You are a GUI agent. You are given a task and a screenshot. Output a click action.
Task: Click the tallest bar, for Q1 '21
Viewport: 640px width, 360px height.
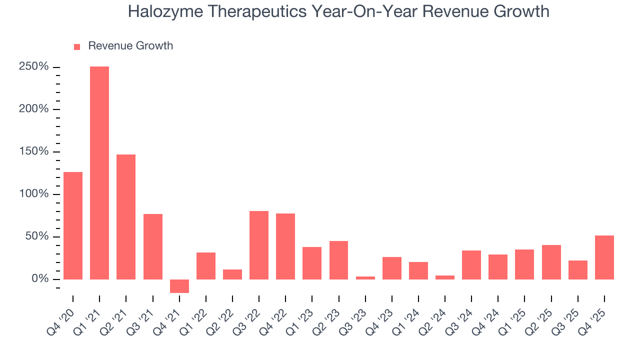pyautogui.click(x=99, y=172)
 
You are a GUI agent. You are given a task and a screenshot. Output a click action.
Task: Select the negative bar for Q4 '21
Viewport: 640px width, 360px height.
pyautogui.click(x=179, y=286)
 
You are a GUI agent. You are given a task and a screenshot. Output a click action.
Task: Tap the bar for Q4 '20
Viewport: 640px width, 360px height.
pyautogui.click(x=73, y=225)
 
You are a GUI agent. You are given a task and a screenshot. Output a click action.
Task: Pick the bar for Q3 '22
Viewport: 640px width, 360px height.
pyautogui.click(x=259, y=245)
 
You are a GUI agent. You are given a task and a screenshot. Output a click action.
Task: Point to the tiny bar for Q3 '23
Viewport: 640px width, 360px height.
pyautogui.click(x=365, y=277)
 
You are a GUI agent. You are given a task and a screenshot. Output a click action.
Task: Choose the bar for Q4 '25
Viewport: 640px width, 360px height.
pyautogui.click(x=604, y=257)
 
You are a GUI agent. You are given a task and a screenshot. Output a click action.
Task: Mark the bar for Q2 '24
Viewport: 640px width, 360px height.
pyautogui.click(x=445, y=277)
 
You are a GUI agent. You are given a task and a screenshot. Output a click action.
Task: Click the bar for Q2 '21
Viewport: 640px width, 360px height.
pyautogui.click(x=126, y=216)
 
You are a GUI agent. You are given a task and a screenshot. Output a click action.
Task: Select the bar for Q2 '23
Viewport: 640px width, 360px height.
pyautogui.click(x=338, y=260)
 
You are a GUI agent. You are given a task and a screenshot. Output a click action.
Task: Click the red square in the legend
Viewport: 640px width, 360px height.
pyautogui.click(x=77, y=46)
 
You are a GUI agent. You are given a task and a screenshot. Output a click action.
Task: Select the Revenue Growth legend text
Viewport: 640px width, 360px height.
pyautogui.click(x=130, y=46)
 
